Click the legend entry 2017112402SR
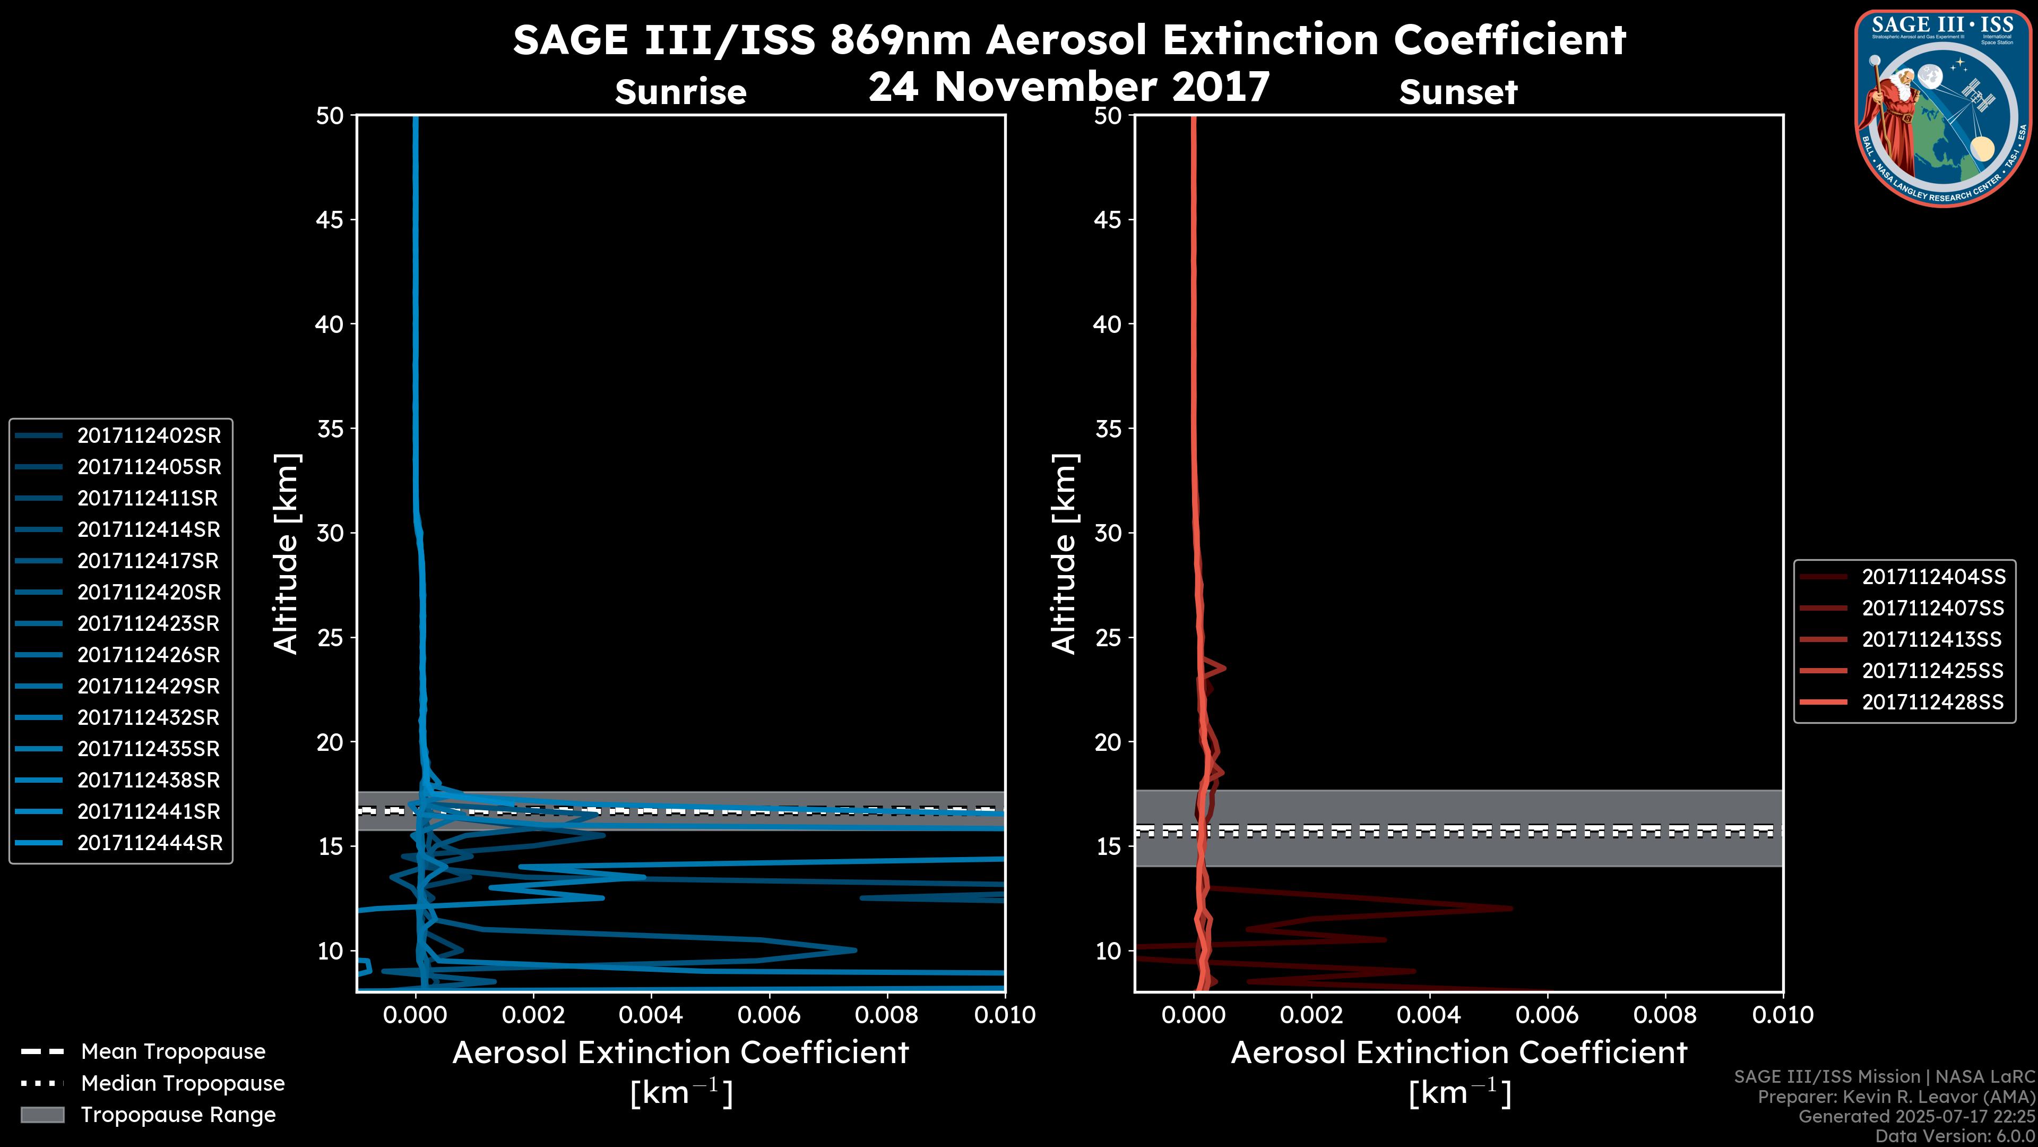[149, 435]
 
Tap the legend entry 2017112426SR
[149, 655]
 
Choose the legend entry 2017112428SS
[1933, 702]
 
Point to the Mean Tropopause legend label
[173, 1051]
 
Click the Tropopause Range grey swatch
[42, 1115]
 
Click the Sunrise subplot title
[680, 92]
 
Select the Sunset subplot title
[1458, 92]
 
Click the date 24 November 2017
[1069, 86]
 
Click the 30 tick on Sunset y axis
[1108, 533]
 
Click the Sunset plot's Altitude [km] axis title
[1064, 553]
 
